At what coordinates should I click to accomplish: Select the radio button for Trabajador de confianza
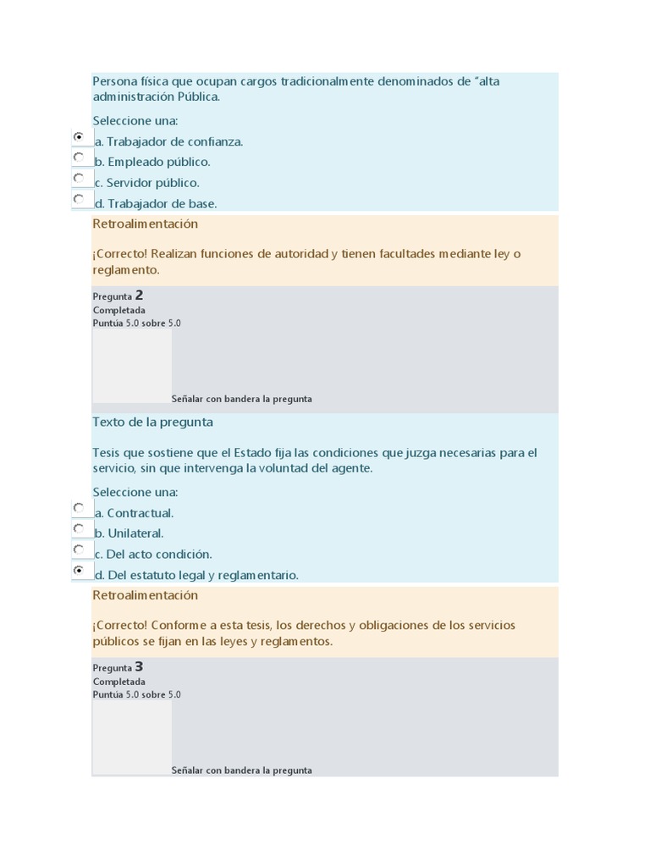pos(79,136)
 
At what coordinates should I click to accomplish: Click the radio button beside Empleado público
pos(79,157)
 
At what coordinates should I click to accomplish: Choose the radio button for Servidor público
pos(79,178)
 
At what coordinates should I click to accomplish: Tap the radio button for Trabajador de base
pos(79,198)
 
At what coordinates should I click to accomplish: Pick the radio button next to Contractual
pos(79,507)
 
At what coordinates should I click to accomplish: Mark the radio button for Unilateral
pos(79,528)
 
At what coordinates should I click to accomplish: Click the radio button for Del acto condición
pos(79,549)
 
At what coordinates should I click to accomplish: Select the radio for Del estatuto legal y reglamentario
pos(79,570)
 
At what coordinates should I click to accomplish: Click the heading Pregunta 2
pos(118,295)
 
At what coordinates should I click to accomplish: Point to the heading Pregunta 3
pos(118,667)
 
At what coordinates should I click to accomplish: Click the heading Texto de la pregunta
pos(152,422)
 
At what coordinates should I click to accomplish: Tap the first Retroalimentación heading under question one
pos(145,224)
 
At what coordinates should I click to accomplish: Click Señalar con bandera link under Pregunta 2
pos(241,399)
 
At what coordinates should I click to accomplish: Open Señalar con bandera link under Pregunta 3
pos(241,770)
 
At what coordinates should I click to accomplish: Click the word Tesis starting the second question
pos(107,452)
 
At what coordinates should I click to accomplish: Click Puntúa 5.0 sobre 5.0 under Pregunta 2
pos(136,323)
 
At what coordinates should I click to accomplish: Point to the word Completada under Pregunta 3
pos(118,682)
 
